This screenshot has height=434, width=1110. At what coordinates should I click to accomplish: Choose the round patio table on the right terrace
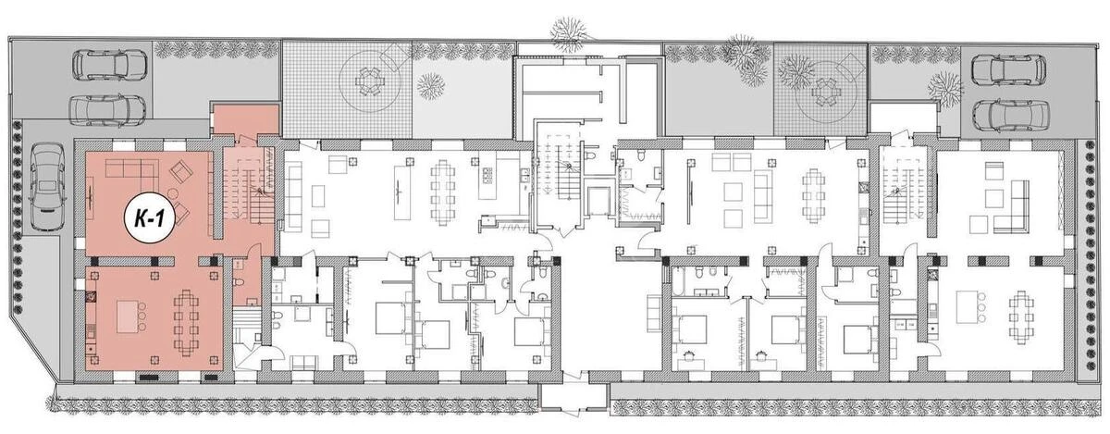pyautogui.click(x=821, y=92)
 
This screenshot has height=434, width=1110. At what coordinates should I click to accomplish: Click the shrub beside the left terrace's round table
pyautogui.click(x=429, y=86)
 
